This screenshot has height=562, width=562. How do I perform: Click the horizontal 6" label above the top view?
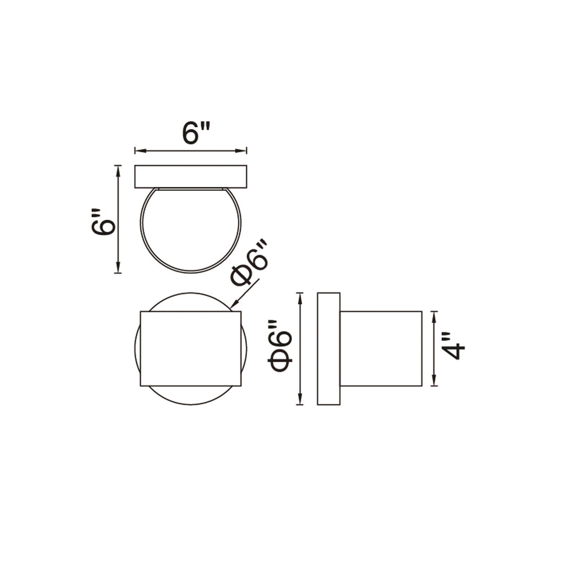(x=196, y=133)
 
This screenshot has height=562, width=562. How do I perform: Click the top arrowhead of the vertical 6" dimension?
(x=118, y=170)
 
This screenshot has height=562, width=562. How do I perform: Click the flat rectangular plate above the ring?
(x=191, y=176)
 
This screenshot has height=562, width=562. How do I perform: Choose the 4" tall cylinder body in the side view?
(x=381, y=348)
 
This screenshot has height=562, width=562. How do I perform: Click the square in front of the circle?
(x=191, y=348)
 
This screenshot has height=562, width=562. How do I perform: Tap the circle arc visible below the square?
(x=191, y=404)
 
